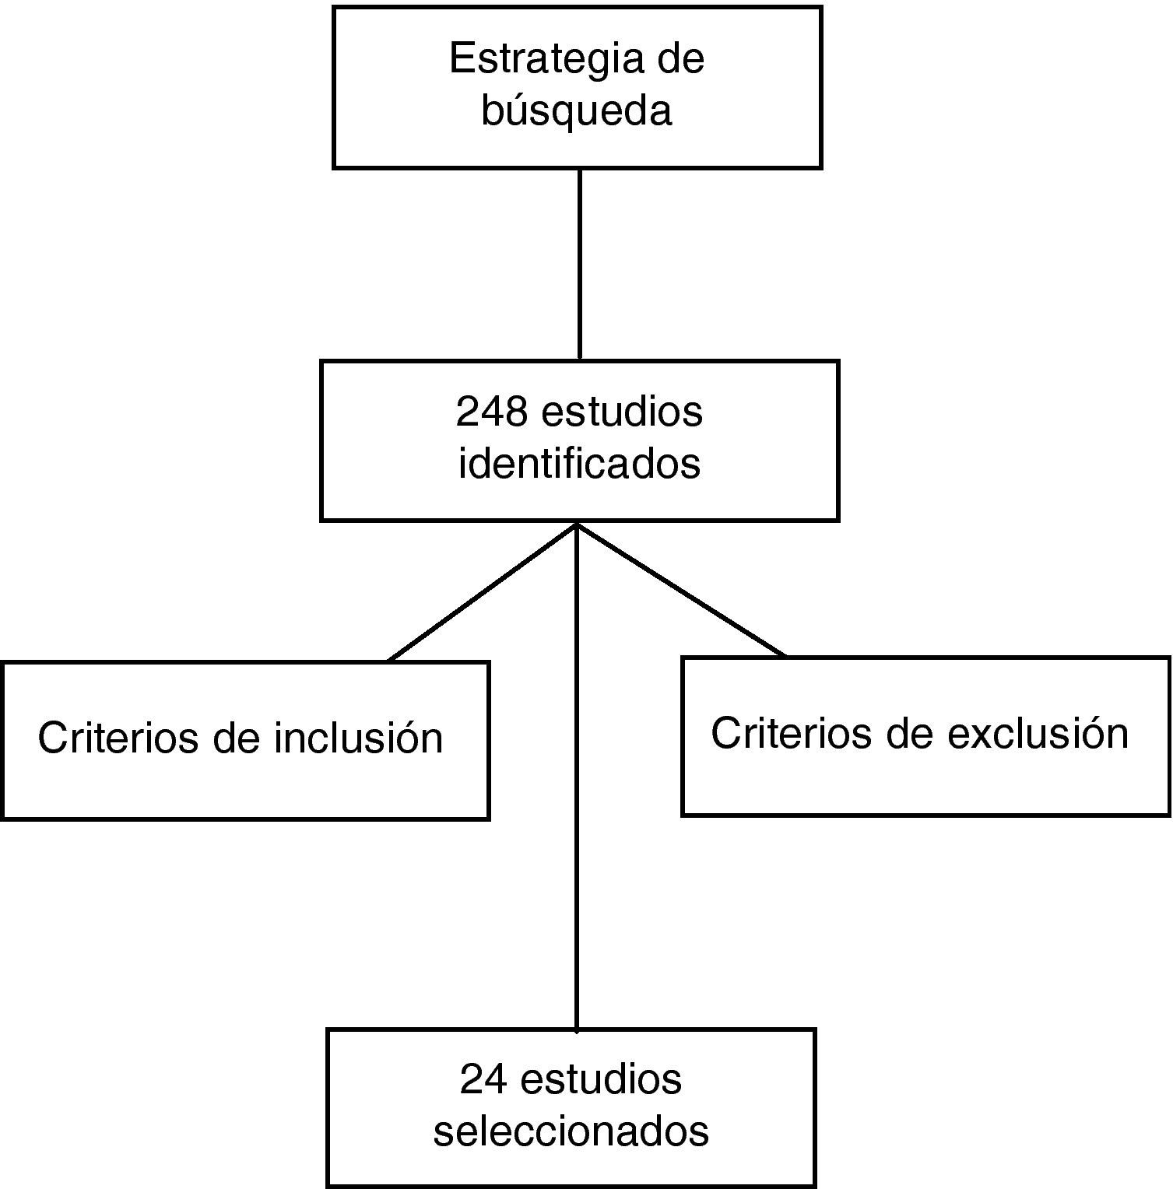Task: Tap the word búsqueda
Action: click(576, 110)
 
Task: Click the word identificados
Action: click(579, 464)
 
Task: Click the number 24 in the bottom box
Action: click(482, 1079)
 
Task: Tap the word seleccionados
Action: click(571, 1131)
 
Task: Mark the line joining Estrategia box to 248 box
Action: click(580, 265)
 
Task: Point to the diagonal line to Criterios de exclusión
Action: click(681, 590)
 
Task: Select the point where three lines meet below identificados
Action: click(577, 525)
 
